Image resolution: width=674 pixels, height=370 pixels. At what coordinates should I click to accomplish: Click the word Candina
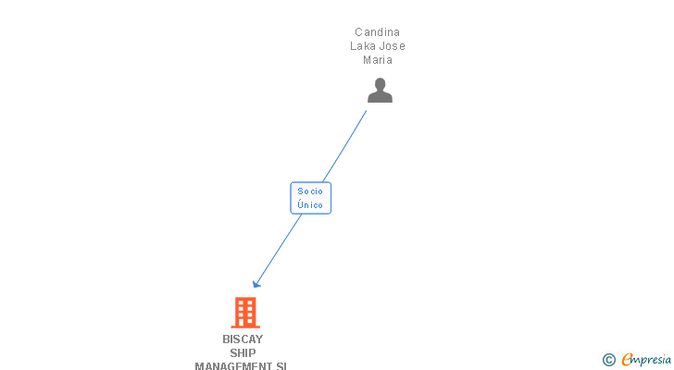point(377,32)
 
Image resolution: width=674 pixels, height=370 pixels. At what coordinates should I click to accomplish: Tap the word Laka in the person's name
point(363,46)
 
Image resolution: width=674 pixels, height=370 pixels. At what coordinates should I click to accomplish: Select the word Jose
point(393,46)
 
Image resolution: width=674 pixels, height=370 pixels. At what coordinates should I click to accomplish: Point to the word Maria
point(378,60)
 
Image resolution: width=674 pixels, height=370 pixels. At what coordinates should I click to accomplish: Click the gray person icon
point(380,91)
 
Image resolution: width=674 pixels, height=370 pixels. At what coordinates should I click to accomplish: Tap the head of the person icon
point(380,84)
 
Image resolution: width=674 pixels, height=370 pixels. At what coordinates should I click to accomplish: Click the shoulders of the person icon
point(380,97)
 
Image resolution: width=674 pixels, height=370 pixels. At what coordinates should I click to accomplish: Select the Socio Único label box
point(310,197)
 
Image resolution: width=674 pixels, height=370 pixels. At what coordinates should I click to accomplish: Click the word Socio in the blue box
point(310,191)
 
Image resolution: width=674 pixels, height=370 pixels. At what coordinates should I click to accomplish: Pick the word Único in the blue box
point(310,204)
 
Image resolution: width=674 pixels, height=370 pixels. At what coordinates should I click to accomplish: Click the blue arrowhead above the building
point(256,283)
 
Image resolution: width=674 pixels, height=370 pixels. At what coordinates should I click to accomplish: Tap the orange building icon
point(244,313)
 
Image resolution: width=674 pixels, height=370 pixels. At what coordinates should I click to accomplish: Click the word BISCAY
point(243,339)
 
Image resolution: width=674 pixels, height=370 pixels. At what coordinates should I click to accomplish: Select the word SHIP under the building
point(243,353)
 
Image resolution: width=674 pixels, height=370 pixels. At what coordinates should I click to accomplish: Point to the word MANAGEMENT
point(234,366)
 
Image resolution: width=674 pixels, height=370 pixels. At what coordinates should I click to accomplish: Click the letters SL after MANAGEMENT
point(281,366)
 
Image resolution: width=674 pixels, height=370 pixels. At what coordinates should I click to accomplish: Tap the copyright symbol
point(608,360)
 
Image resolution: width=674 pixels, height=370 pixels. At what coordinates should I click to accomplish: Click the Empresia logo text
point(646,359)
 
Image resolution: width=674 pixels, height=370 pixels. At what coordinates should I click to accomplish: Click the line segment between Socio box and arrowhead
point(279,249)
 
